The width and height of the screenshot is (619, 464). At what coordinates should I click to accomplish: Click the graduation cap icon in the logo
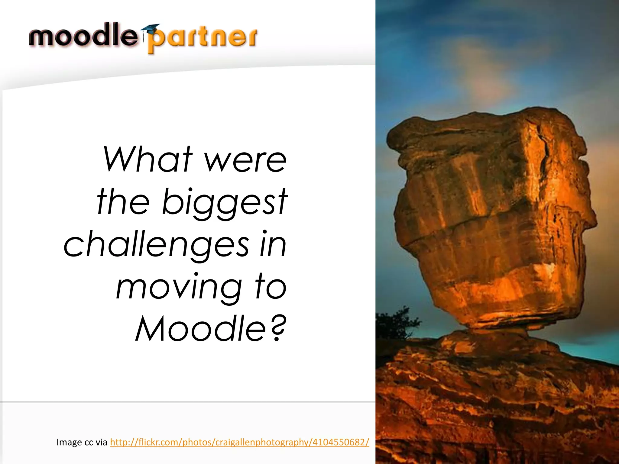(150, 29)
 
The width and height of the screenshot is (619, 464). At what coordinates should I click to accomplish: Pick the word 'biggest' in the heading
(225, 202)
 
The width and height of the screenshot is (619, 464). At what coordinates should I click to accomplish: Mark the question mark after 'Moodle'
(277, 328)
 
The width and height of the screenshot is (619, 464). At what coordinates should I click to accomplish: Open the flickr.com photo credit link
(239, 442)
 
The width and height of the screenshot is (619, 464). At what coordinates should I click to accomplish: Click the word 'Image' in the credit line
(69, 443)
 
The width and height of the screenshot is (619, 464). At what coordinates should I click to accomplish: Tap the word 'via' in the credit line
(101, 443)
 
